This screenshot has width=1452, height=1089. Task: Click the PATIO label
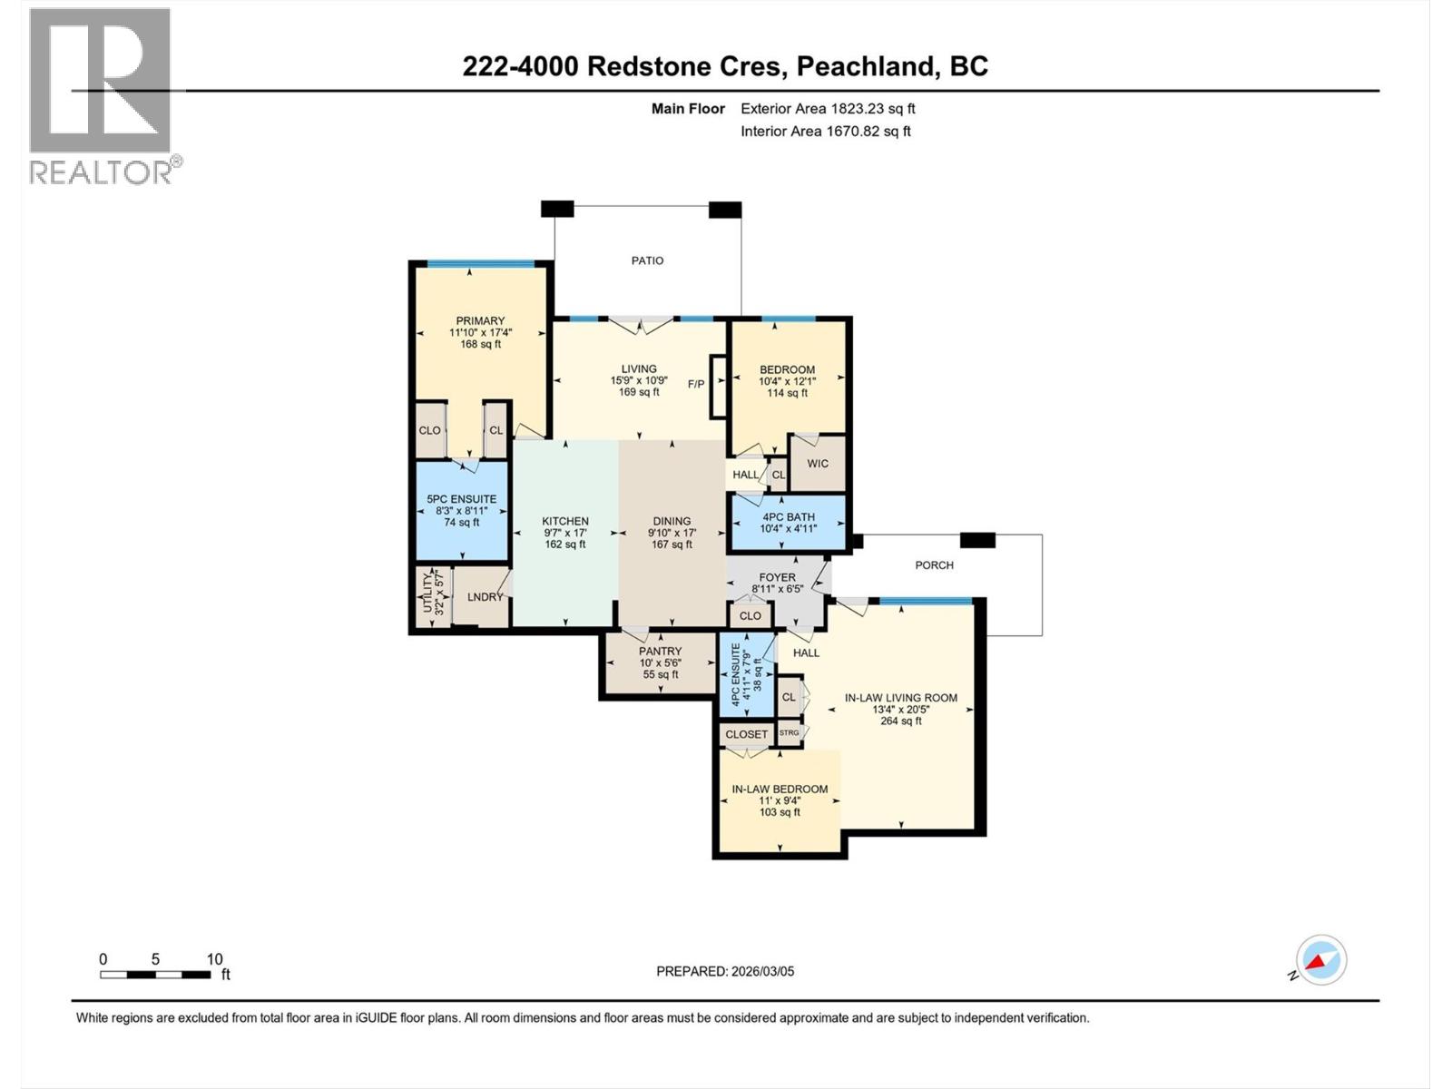tap(647, 260)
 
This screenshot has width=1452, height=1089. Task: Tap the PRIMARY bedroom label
tap(480, 320)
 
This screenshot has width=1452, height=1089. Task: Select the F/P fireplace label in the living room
tap(696, 384)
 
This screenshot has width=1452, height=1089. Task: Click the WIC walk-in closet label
tap(818, 464)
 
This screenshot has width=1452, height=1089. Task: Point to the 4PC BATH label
tap(788, 516)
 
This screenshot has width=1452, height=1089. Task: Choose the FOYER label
tap(777, 577)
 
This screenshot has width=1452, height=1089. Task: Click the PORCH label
tap(934, 564)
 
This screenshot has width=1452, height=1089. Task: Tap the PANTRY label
tap(660, 652)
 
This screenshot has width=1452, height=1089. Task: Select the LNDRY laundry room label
tap(485, 597)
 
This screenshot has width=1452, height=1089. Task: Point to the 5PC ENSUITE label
tap(462, 499)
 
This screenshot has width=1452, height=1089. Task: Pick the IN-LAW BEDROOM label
tap(780, 790)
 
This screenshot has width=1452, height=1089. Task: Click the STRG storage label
tap(790, 732)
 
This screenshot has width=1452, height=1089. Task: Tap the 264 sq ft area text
tap(900, 721)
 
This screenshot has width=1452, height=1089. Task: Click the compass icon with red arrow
tap(1321, 961)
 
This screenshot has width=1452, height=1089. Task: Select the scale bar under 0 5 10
tap(155, 975)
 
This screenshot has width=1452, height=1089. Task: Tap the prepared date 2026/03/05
tap(760, 971)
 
